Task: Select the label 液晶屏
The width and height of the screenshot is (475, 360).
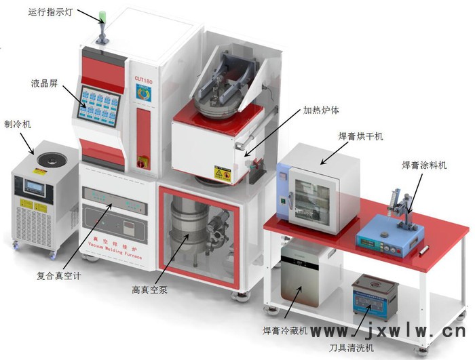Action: [44, 83]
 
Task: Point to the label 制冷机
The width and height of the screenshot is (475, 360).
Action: [18, 124]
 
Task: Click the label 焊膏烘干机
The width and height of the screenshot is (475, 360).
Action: [361, 136]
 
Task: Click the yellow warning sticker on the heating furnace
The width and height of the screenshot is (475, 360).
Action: [222, 174]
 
